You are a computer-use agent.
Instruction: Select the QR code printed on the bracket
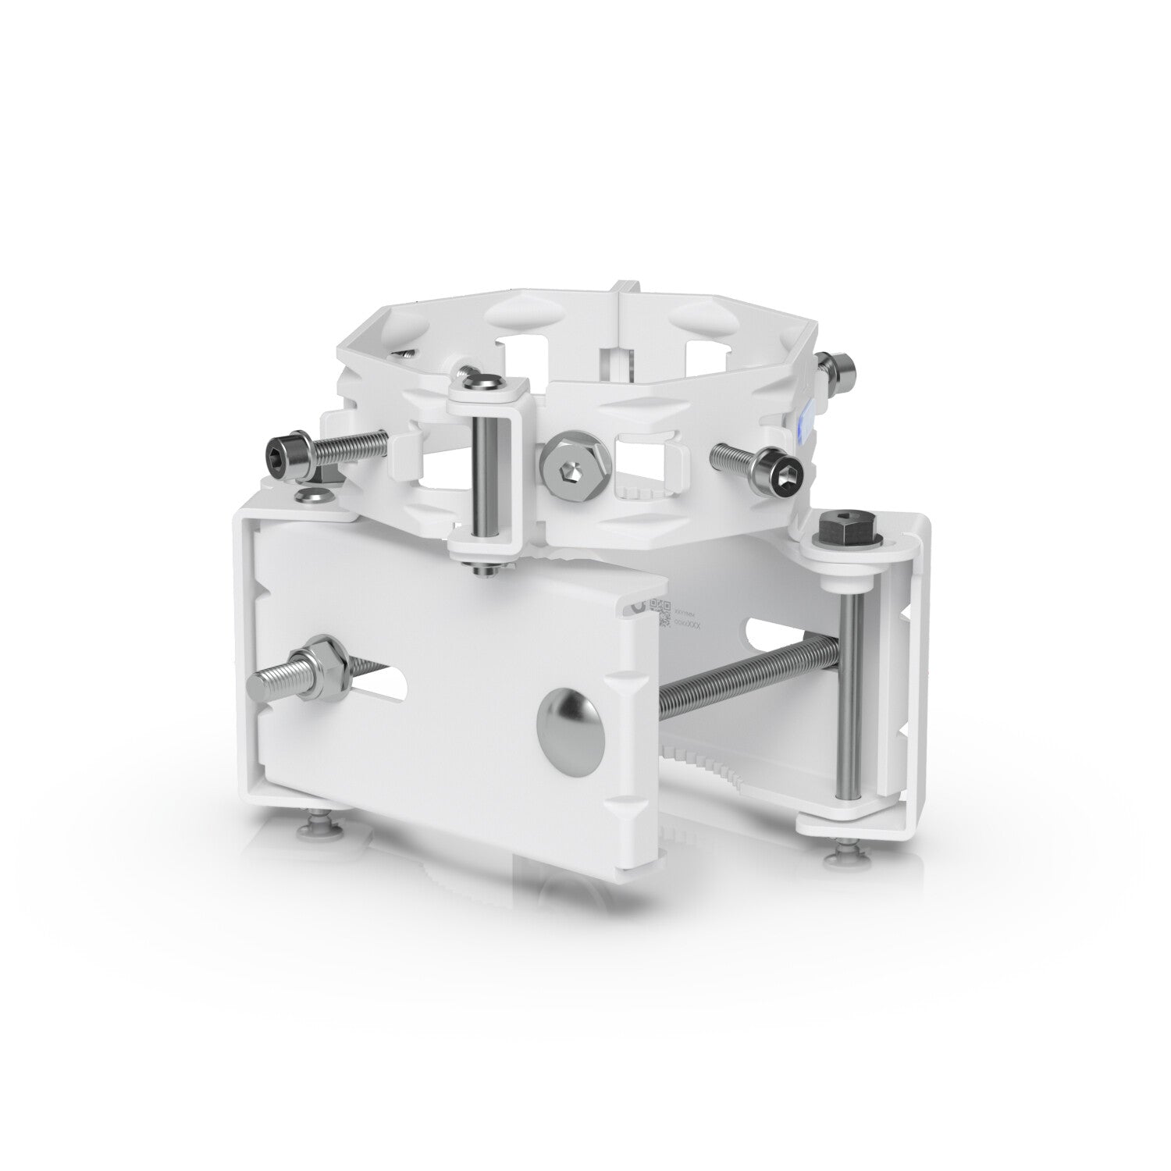point(660,612)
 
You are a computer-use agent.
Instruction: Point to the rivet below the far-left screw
point(312,495)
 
